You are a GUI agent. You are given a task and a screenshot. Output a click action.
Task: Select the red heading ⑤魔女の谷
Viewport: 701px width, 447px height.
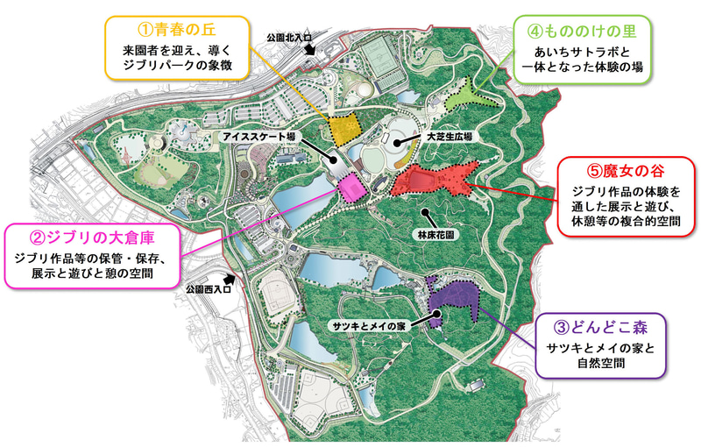pyautogui.click(x=627, y=167)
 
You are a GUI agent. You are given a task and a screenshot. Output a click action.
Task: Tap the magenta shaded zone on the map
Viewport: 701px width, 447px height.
pyautogui.click(x=350, y=188)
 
